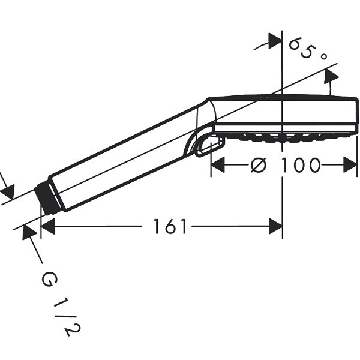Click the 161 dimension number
click(x=170, y=226)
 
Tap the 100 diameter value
click(x=301, y=165)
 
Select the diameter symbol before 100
click(x=259, y=165)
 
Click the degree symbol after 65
click(x=323, y=56)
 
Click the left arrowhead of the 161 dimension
click(x=48, y=226)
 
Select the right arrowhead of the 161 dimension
click(x=275, y=226)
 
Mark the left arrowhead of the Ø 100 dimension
click(x=218, y=165)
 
